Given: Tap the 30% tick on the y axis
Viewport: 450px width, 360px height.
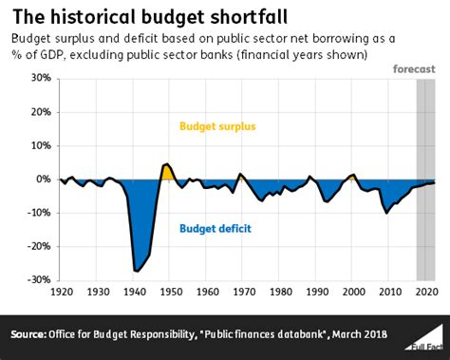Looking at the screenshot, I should point(37,78).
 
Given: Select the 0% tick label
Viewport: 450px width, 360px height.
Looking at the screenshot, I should point(41,179).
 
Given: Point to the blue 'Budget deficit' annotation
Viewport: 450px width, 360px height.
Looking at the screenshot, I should point(213,227).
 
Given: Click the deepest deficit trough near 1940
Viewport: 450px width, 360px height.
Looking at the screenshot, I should point(138,271).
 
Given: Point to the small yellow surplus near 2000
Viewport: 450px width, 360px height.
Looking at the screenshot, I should point(352,177).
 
